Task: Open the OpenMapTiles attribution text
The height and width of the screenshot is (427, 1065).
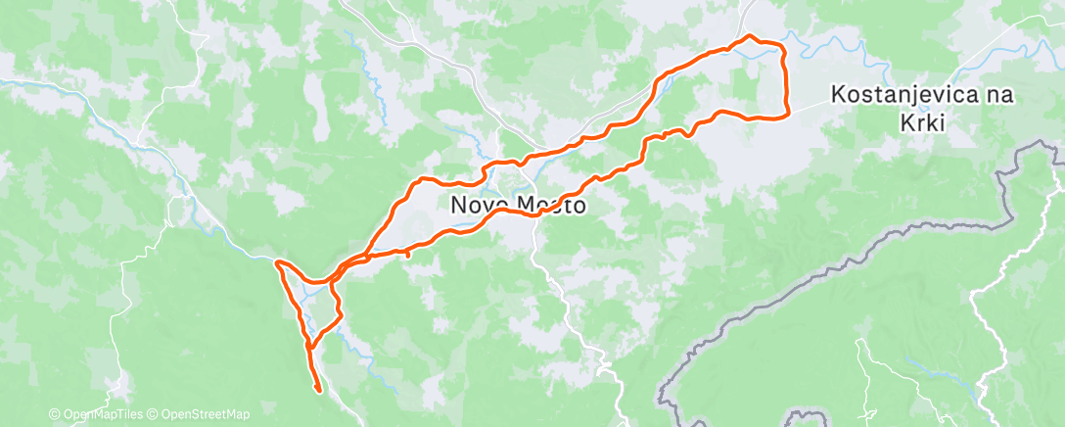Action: (102, 415)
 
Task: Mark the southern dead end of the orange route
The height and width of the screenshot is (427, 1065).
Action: (319, 391)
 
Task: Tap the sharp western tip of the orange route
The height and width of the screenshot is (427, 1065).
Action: (277, 262)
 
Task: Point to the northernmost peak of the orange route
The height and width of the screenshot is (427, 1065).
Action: (750, 36)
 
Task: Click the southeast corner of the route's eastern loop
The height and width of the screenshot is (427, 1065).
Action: (786, 116)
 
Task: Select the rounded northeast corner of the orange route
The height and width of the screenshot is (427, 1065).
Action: (782, 46)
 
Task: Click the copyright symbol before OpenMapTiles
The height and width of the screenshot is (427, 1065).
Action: (55, 415)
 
